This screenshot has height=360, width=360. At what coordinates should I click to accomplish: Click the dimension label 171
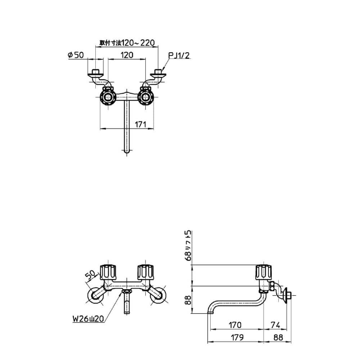[140, 125]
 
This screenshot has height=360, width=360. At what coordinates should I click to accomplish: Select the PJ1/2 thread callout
[179, 55]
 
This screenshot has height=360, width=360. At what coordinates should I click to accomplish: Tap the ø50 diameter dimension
[76, 55]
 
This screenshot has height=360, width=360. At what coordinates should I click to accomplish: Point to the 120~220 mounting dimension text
[127, 43]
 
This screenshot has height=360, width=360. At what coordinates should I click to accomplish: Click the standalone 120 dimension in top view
[127, 55]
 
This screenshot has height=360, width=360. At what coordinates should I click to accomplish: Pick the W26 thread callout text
[89, 319]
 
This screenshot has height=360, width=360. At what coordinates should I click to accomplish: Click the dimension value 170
[235, 325]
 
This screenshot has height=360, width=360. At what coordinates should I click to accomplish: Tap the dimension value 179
[237, 337]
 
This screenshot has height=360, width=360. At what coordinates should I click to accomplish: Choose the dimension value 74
[275, 325]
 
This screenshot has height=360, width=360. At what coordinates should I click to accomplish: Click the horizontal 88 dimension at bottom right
[278, 337]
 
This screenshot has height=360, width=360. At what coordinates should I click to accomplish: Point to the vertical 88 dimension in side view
[188, 300]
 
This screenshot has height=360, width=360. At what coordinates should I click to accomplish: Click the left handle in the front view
[108, 273]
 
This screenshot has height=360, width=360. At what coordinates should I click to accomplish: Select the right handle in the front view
[145, 273]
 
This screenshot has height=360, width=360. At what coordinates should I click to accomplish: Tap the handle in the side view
[264, 273]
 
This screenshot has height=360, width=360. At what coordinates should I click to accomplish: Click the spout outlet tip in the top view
[127, 151]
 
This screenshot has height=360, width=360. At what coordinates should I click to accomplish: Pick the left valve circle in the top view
[108, 97]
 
